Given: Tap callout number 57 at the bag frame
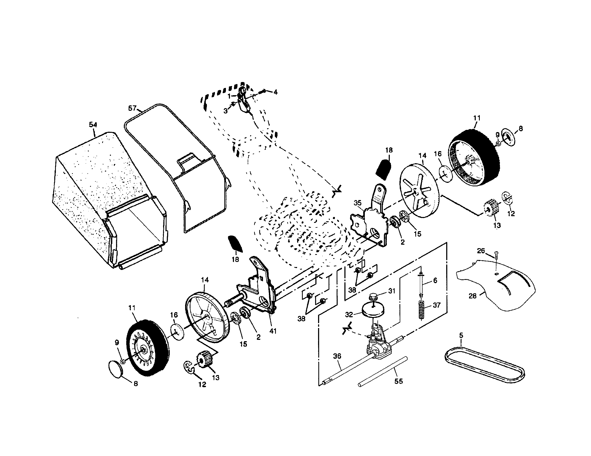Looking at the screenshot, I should point(132,108).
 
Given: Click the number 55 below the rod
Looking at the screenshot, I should point(399,381).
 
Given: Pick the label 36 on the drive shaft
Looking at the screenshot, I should point(337,356).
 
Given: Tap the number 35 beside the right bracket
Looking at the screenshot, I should point(358,203).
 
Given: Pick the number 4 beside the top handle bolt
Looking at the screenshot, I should point(275,92).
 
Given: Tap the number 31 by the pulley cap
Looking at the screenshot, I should point(392,291).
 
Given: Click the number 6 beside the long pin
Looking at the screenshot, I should point(435,280).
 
